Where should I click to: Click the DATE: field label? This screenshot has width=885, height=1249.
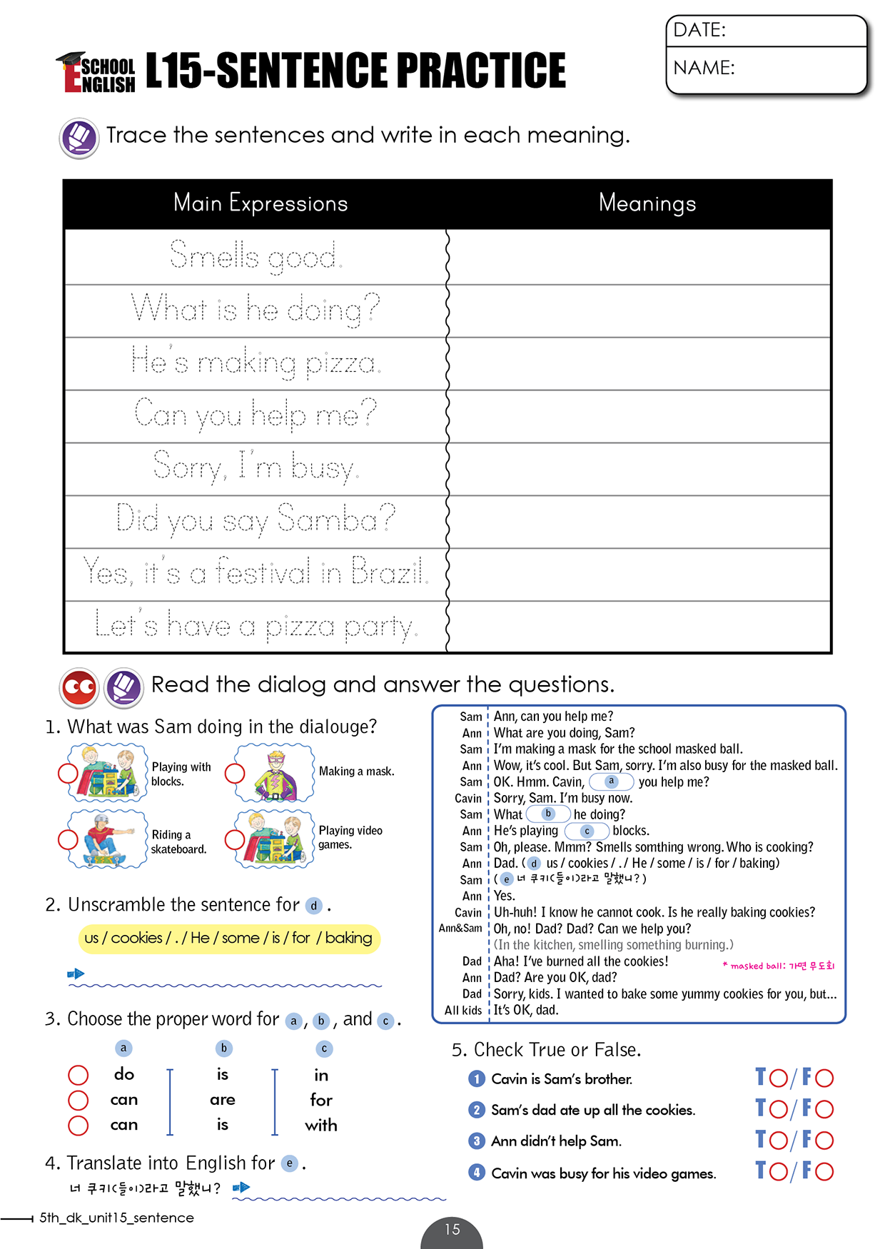click(x=699, y=30)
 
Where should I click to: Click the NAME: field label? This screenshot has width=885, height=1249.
click(x=704, y=68)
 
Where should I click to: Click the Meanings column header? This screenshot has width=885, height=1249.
click(x=647, y=203)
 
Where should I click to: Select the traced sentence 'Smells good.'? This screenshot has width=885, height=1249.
click(x=256, y=256)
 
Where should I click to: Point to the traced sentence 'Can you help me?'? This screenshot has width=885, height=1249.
click(x=256, y=415)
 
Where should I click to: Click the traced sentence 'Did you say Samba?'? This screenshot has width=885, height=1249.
click(x=256, y=520)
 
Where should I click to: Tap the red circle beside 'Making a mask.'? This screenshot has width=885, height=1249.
click(x=235, y=773)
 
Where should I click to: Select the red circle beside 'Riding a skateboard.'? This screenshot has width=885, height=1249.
click(x=68, y=839)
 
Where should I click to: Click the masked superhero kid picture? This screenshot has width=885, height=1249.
click(x=275, y=773)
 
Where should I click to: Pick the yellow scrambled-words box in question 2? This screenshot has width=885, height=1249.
click(x=228, y=938)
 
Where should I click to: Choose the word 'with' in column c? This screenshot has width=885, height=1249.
click(x=321, y=1126)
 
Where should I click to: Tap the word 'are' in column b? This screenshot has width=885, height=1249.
click(x=223, y=1100)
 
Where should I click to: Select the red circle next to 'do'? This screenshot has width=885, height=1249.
click(x=78, y=1075)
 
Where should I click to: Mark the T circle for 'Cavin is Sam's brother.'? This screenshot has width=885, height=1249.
click(x=778, y=1078)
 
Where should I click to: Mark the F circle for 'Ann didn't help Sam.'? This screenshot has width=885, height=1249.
click(x=824, y=1140)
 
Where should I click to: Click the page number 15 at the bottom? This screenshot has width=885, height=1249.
click(x=452, y=1230)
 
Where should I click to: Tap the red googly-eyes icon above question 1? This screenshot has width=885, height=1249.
click(x=79, y=687)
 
